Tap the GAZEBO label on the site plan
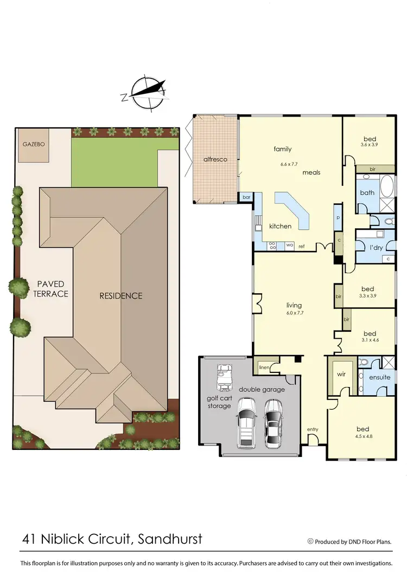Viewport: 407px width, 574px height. pos(33,145)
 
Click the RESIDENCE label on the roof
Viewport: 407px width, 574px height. pos(120,295)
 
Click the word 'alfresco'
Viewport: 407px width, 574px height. pos(215,159)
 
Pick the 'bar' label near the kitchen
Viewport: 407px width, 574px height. pos(246,197)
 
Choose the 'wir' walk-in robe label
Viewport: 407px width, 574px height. pos(342,374)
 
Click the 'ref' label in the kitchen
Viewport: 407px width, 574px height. pos(301,247)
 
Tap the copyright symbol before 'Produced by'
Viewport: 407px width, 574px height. pos(310,541)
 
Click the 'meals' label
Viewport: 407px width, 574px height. pos(311,172)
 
